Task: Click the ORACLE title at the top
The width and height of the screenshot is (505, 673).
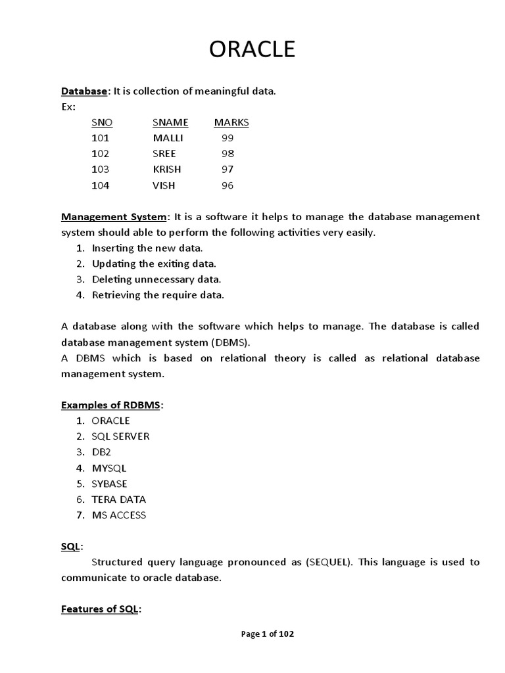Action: pos(252,49)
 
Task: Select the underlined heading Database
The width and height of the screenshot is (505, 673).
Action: pos(84,91)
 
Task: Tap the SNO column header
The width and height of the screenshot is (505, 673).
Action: pos(102,122)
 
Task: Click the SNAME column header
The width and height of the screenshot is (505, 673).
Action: pos(170,122)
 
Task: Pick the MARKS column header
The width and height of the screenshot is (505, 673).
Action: pos(231,122)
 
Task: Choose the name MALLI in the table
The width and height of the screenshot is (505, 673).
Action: pos(168,138)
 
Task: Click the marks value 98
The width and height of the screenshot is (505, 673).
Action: pos(228,154)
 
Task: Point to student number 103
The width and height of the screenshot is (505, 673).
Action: pos(101,170)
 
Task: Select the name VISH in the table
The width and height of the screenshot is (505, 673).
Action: pos(164,185)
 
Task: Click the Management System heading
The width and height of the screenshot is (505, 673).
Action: pos(114,217)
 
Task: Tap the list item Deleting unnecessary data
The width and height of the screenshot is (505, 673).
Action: pos(156,279)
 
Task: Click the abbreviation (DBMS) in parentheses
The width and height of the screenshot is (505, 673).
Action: pos(230,342)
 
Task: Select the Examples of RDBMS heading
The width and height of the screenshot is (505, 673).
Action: pos(110,405)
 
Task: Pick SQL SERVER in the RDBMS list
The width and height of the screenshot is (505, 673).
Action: pos(120,436)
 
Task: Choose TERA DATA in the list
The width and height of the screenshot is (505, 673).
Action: pos(119,499)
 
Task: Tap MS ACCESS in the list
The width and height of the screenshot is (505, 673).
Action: pos(119,515)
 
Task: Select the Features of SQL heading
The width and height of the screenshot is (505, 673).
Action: pos(100,609)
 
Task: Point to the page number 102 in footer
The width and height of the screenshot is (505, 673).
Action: pos(286,634)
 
